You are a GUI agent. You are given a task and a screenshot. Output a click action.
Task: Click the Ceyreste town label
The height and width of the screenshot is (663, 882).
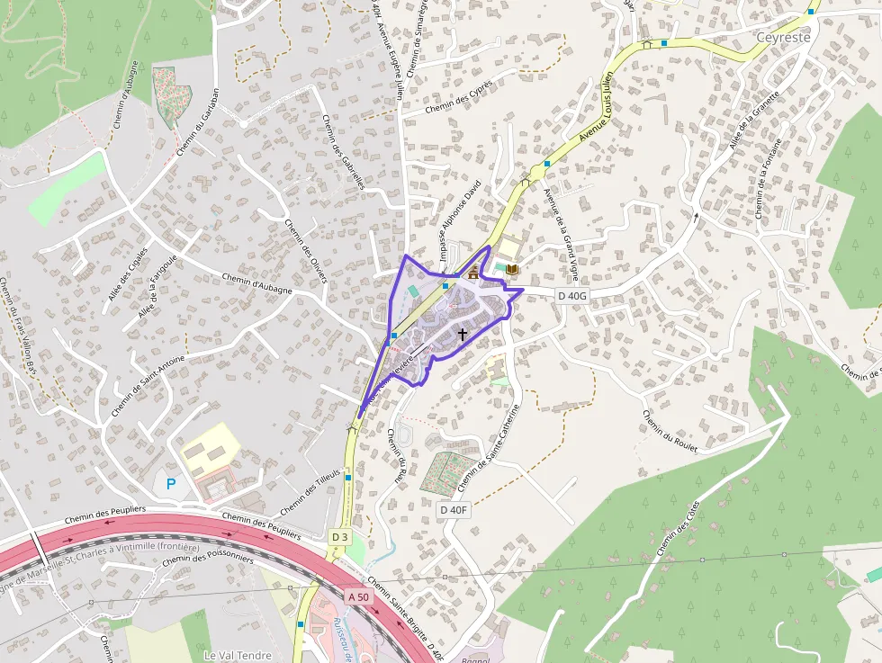click(x=784, y=39)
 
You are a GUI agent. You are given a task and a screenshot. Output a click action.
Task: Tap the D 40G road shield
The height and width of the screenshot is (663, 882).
click(x=572, y=295)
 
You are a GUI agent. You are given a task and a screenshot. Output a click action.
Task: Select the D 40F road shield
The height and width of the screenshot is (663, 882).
click(x=454, y=510)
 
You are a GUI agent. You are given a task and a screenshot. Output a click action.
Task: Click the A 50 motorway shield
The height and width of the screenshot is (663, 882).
click(x=358, y=596)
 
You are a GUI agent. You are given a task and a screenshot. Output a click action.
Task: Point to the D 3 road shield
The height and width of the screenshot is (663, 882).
click(x=339, y=537)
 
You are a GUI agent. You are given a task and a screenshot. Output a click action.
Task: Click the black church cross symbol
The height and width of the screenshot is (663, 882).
click(x=463, y=334)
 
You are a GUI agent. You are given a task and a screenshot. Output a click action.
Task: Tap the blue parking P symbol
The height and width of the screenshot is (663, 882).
click(x=171, y=484)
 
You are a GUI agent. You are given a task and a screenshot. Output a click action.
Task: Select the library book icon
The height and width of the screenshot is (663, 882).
click(x=512, y=269)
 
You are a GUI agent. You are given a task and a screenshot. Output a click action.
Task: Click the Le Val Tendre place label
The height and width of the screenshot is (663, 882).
click(x=238, y=655)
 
